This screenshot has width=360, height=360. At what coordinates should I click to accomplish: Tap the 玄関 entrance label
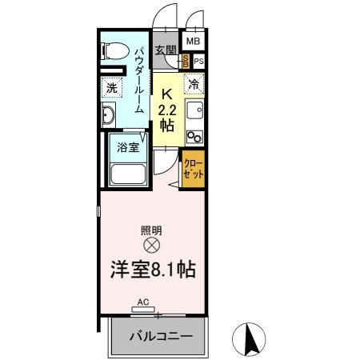tap(166, 50)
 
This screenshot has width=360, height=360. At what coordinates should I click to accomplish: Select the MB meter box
tap(194, 41)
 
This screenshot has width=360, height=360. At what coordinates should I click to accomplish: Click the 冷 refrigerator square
tap(194, 82)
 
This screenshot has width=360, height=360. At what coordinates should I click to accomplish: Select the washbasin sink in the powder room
tap(109, 117)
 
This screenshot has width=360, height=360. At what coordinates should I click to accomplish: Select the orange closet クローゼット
tap(193, 170)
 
